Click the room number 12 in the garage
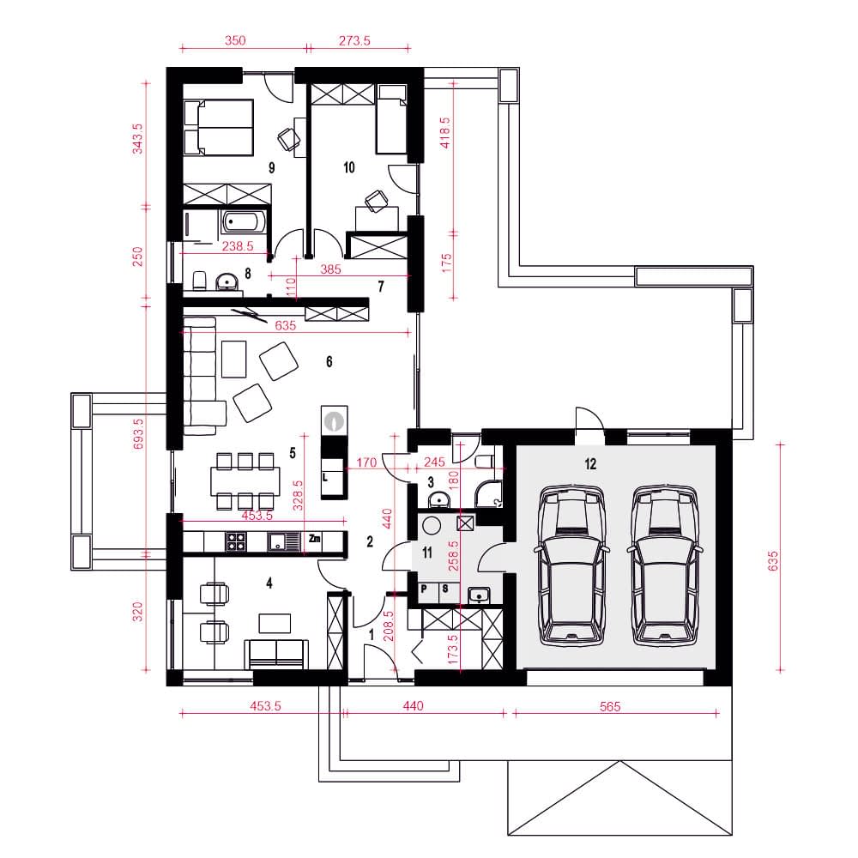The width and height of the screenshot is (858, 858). coord(590,464)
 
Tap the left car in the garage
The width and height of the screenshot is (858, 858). coord(571,565)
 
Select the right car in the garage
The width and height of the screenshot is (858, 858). coord(666,565)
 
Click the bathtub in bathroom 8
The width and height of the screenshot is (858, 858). coord(243,222)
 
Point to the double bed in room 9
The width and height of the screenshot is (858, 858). coord(218,128)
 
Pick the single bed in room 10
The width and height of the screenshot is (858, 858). coord(391,118)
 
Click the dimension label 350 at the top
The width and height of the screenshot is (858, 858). coord(235,40)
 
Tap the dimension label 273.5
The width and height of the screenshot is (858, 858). coord(354,40)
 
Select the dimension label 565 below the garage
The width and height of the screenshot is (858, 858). coord(609,706)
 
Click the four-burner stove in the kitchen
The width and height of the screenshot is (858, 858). coord(237,541)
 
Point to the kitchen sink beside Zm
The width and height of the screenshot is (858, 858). coord(284,541)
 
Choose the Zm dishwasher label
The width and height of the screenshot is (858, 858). coord(315,539)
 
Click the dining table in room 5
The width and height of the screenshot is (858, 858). coord(245,481)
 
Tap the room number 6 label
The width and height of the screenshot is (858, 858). coord(329,361)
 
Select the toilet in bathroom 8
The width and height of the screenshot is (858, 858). coord(200,281)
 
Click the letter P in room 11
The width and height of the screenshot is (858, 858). coord(424,589)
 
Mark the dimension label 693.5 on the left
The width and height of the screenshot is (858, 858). coord(138,434)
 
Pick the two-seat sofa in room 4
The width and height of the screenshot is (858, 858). coord(276,654)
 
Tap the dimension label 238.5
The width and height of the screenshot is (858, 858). coord(238,246)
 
